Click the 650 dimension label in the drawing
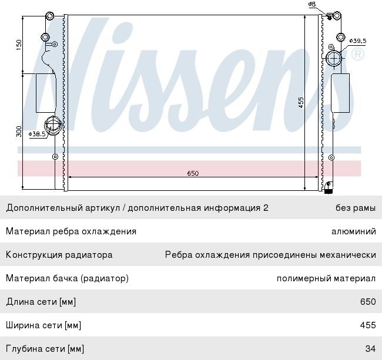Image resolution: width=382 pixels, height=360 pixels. point(193,173)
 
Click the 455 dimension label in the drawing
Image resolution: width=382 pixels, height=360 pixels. point(300,102)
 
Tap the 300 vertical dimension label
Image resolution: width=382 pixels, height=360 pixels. point(18,131)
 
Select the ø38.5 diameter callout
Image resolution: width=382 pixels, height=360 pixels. point(38,134)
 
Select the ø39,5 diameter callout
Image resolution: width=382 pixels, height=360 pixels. point(357,41)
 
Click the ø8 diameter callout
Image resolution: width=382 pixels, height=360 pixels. point(312,4)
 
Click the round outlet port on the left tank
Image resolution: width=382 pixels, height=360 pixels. point(53,124)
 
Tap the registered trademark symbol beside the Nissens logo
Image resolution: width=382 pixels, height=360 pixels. point(357,55)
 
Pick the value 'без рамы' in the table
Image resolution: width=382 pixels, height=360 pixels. point(356,208)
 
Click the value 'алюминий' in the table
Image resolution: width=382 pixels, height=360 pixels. point(354,231)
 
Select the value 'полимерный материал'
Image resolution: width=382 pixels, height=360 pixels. point(326,278)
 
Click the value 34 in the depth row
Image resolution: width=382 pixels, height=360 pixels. point(370,349)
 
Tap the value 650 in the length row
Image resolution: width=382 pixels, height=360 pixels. point(368,302)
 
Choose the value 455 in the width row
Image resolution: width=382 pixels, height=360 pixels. point(368,325)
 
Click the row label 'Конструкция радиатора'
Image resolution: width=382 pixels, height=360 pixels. point(59,255)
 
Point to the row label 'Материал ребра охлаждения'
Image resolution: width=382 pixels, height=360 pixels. point(71,231)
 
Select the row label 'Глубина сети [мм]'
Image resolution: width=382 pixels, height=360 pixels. point(45,349)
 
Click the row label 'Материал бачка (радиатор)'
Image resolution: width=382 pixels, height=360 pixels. point(67,278)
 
